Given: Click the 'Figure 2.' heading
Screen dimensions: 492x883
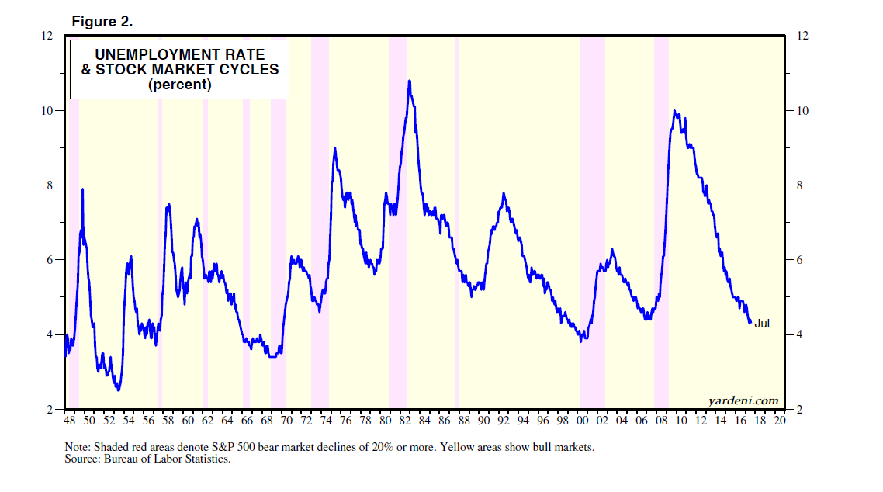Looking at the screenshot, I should coord(102,22).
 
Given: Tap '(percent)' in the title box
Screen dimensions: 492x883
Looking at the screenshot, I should coord(179,85).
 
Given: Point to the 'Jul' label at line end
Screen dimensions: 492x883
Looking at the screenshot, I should coord(762,324).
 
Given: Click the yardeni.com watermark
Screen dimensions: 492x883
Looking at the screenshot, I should coord(743,400).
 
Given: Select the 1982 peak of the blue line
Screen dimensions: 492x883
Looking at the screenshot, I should coord(409,81).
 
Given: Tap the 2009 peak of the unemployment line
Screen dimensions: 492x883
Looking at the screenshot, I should coord(675,111).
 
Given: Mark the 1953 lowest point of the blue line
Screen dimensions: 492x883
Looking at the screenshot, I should coord(118,390).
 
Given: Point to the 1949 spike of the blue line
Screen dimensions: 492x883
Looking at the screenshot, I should coord(82,189).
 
